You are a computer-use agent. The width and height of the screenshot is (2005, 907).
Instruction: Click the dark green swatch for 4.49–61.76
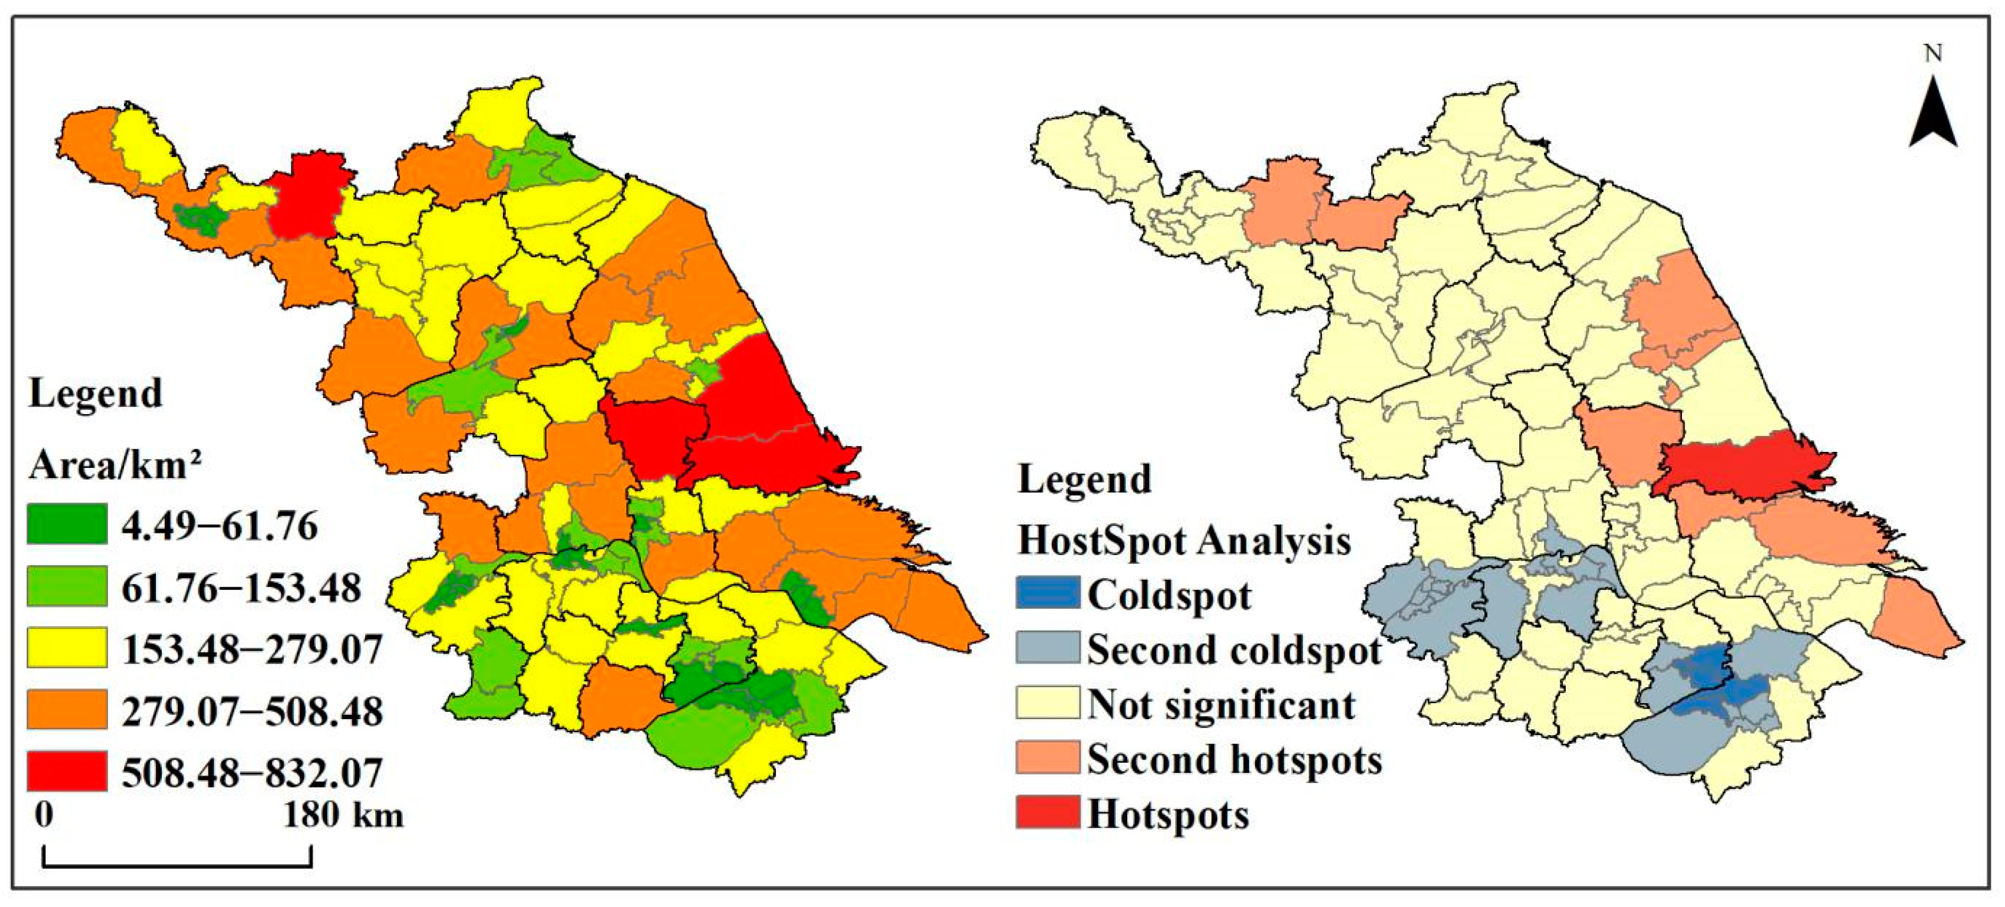click(x=67, y=524)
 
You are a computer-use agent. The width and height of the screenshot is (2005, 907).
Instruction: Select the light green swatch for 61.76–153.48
click(x=67, y=586)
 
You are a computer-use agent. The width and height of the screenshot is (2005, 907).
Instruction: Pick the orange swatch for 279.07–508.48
click(x=67, y=709)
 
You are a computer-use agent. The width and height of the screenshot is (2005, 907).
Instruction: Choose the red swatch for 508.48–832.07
click(x=67, y=771)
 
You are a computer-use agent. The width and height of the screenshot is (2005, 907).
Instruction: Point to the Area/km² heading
click(x=115, y=466)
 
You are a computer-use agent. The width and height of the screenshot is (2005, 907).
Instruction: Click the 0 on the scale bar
click(x=44, y=815)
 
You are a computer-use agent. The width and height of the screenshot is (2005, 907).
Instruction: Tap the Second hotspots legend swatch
click(x=1047, y=757)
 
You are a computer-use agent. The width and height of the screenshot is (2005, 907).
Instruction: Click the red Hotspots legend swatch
click(x=1047, y=812)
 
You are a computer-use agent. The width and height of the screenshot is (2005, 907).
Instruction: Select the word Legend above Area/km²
click(x=95, y=393)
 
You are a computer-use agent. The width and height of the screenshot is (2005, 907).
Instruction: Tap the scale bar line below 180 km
click(x=177, y=865)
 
